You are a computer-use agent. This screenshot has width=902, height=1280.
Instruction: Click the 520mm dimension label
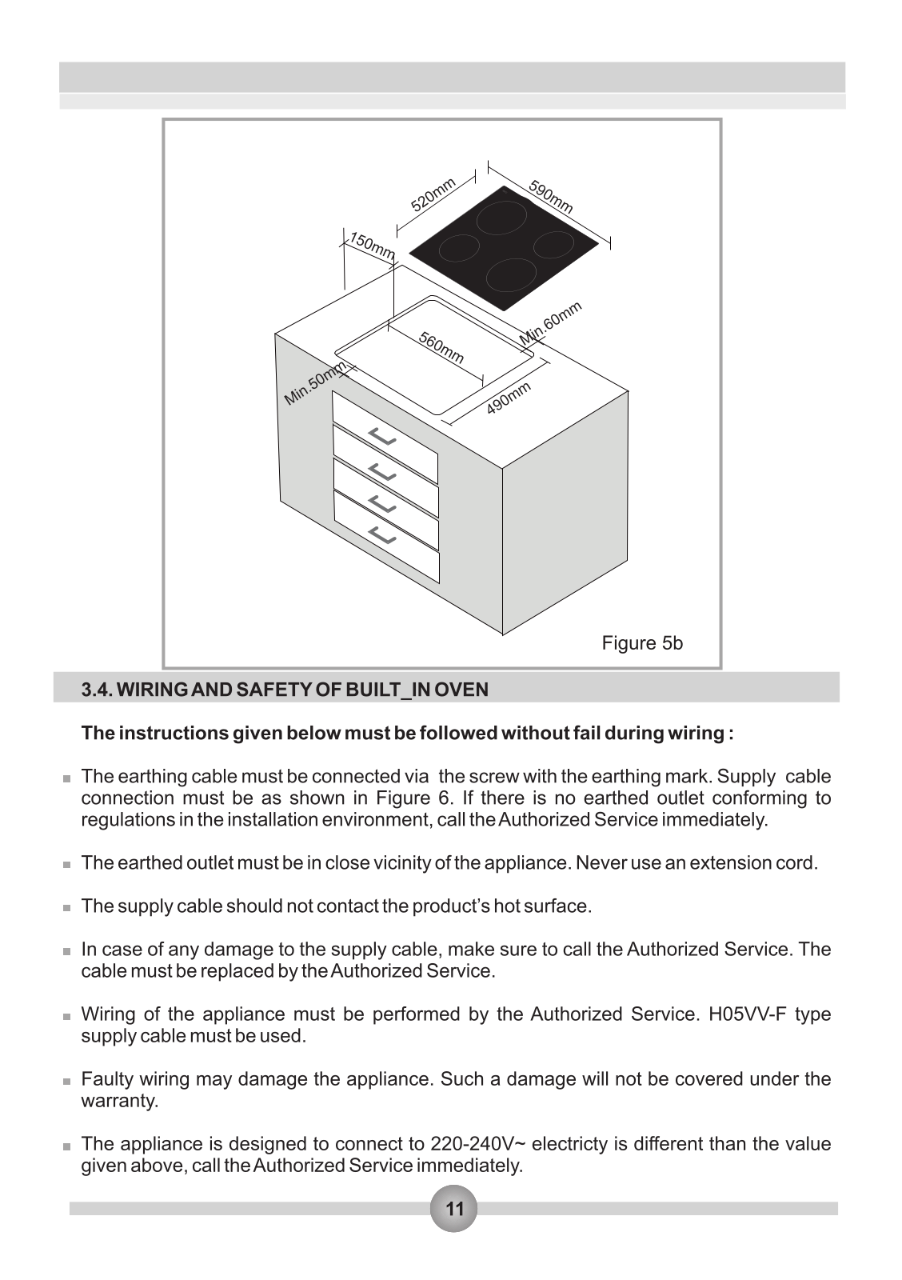[433, 194]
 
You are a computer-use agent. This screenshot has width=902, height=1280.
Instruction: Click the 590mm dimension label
[551, 197]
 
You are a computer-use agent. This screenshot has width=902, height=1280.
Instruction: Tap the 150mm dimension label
[372, 246]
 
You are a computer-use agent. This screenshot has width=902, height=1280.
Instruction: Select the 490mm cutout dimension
[509, 398]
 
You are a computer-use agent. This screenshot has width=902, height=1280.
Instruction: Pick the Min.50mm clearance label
[315, 383]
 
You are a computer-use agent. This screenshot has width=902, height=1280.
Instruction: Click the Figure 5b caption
[642, 643]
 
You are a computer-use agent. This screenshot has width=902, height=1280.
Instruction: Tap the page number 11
[453, 1209]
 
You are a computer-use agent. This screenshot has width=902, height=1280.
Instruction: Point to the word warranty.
[120, 1101]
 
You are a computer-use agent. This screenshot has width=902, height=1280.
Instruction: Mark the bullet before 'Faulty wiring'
[67, 1081]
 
